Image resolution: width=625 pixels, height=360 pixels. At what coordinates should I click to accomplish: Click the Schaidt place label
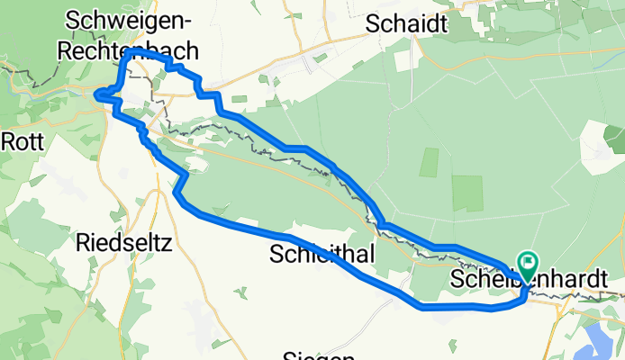(x=406, y=24)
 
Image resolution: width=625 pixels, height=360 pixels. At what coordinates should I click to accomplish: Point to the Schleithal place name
(x=322, y=256)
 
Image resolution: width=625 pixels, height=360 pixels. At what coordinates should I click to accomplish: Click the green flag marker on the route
(x=528, y=264)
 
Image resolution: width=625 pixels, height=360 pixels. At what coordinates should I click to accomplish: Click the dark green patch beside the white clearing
(x=614, y=138)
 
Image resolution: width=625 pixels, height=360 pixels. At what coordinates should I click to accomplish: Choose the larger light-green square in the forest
(x=467, y=193)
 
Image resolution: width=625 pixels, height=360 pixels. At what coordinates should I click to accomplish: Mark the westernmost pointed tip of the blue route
(x=98, y=94)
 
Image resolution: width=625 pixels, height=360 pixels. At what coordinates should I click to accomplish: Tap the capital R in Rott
(x=8, y=140)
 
